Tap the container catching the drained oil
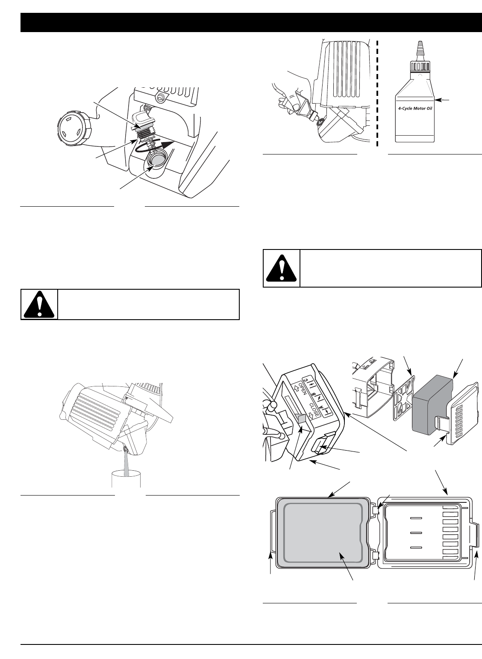[126, 481]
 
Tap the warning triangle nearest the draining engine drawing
[39, 305]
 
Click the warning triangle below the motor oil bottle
[281, 269]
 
